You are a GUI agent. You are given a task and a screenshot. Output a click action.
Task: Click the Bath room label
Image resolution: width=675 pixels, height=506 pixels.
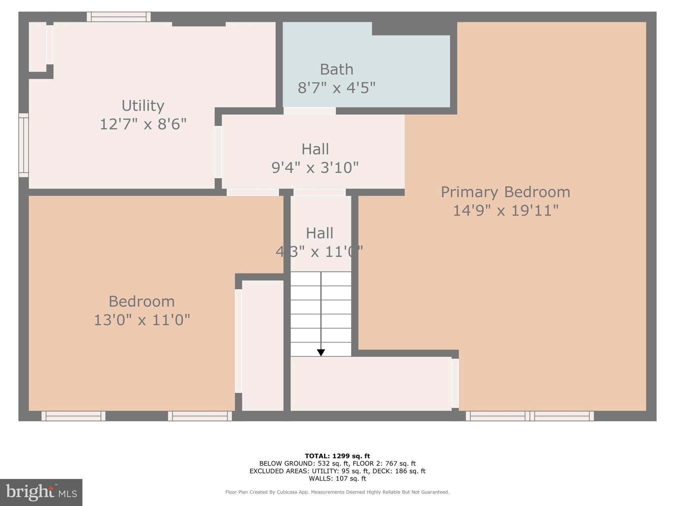coord(337,70)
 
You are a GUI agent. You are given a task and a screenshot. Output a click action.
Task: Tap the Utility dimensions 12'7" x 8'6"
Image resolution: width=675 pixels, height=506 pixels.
coord(143,125)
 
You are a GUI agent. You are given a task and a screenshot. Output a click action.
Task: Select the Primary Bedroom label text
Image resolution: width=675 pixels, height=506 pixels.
coord(505,192)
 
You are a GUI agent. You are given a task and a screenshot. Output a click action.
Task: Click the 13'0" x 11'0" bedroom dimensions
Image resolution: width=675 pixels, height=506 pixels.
coord(142,320)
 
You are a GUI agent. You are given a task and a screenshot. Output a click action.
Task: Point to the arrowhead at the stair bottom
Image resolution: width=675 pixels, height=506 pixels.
coord(321,353)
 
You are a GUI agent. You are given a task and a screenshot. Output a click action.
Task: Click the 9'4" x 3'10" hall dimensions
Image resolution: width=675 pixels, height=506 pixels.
coord(315,168)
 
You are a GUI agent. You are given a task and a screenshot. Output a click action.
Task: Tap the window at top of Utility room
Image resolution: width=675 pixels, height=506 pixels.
coord(119,17)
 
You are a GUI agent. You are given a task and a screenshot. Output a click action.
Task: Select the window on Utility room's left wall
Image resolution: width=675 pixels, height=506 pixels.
coord(23,145)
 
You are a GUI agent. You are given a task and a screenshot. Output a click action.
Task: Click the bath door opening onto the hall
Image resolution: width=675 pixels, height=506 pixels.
coord(309,111)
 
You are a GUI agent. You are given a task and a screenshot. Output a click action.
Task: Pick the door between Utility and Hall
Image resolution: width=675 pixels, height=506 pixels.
coord(218,152)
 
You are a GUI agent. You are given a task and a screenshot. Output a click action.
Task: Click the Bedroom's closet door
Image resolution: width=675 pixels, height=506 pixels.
coord(238,341)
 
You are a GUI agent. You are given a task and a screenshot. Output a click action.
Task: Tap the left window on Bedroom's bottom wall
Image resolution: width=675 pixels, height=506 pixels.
coord(73,416)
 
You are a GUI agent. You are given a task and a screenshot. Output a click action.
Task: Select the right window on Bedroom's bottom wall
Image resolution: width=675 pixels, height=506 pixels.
coord(200,416)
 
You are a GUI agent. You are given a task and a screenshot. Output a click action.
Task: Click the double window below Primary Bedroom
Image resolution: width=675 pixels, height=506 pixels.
coord(530,416)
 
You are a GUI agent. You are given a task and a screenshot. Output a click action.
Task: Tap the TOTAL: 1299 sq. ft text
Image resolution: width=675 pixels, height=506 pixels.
coord(337,456)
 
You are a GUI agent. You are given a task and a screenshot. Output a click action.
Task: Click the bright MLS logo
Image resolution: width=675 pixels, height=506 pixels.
coord(41,492)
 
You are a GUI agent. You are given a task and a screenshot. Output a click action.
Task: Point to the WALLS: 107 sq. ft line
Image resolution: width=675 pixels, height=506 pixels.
coord(337,479)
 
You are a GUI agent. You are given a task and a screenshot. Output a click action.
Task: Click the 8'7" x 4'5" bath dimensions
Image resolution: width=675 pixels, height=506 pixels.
coord(337,88)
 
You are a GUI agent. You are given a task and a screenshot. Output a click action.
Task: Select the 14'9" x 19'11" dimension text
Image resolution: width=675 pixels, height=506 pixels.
coord(506,211)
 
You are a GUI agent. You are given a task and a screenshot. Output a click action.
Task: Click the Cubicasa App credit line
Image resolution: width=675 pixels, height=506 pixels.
coord(337,492)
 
